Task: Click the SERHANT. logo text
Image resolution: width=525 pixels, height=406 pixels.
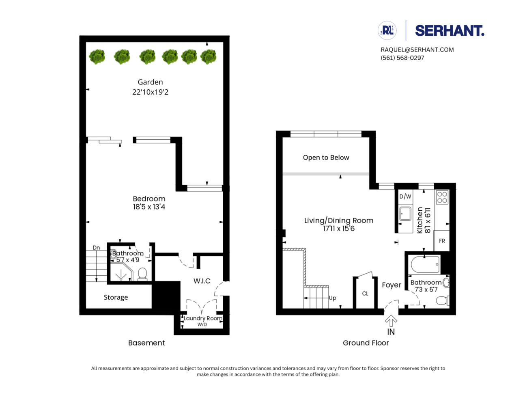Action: click(x=449, y=31)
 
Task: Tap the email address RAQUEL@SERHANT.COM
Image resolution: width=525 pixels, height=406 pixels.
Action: click(x=417, y=50)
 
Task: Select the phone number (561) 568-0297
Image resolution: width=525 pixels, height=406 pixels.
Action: click(x=402, y=58)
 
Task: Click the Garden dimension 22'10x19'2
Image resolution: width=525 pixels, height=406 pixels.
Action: click(x=150, y=92)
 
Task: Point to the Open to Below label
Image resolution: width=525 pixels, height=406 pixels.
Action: click(x=326, y=158)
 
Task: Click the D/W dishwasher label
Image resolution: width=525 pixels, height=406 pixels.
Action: click(x=405, y=197)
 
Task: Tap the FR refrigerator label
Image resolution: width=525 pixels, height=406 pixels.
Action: click(x=442, y=241)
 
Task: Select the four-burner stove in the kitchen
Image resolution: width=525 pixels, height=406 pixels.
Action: click(x=442, y=197)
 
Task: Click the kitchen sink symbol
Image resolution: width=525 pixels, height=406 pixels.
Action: click(x=405, y=214)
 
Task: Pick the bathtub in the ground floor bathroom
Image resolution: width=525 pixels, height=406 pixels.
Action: click(x=425, y=265)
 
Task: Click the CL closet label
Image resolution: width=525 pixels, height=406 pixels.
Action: click(x=365, y=294)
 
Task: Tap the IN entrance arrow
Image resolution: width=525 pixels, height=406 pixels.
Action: click(x=391, y=322)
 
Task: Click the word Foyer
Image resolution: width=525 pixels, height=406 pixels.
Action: click(x=391, y=285)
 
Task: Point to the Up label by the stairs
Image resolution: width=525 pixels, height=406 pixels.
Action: click(x=332, y=298)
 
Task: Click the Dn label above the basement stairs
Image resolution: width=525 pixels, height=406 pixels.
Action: click(x=96, y=248)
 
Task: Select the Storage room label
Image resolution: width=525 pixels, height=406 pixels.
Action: click(x=116, y=297)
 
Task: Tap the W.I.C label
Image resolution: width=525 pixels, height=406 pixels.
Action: click(x=202, y=281)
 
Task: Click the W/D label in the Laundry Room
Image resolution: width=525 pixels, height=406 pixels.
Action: click(x=202, y=324)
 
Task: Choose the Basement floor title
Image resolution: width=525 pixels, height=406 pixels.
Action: click(x=146, y=343)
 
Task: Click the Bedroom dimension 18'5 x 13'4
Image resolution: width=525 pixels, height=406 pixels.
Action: click(x=149, y=207)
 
